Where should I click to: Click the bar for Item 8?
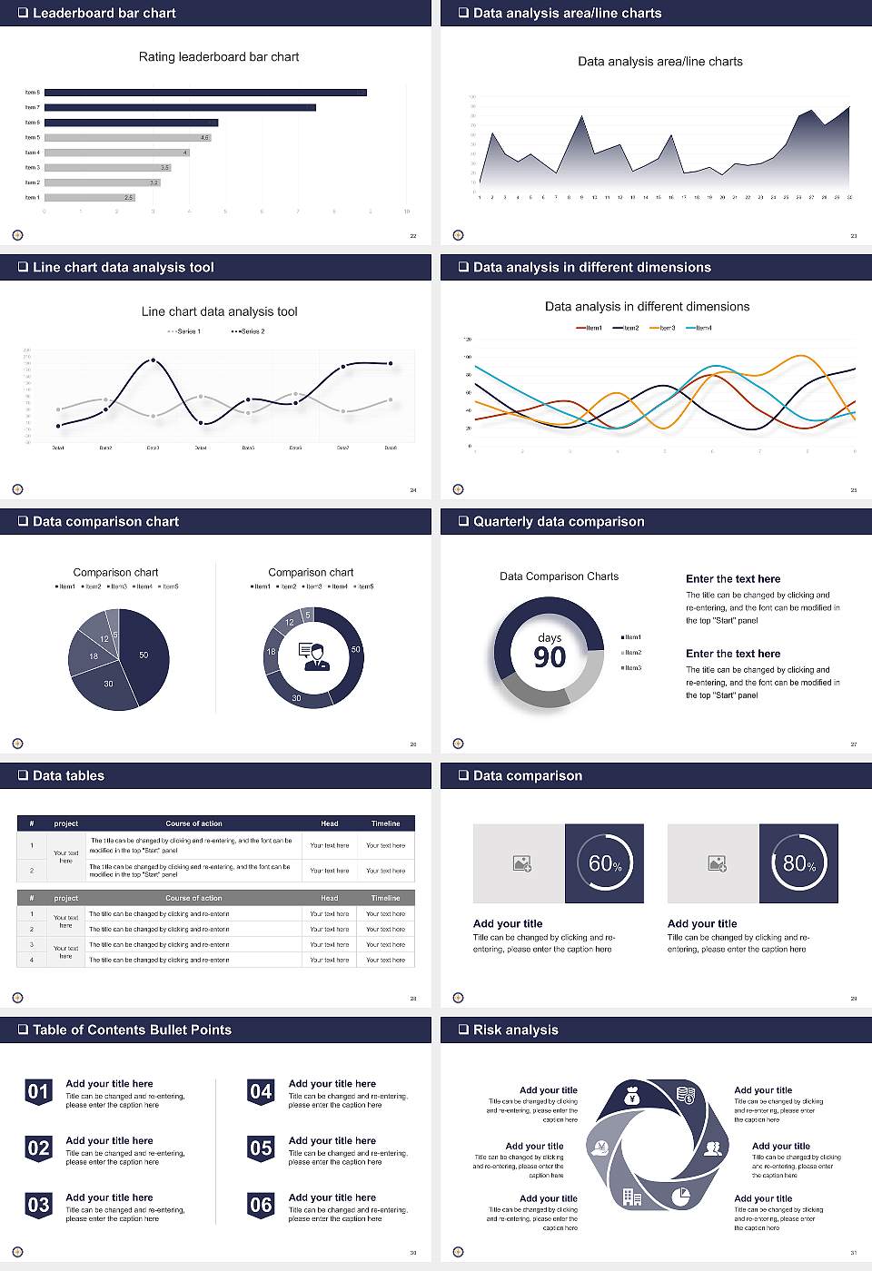(205, 93)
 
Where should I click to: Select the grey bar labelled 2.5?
(89, 197)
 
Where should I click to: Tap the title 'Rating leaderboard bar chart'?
(219, 56)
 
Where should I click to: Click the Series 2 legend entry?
(248, 331)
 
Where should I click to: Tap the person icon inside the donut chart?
(313, 656)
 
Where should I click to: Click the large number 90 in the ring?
(550, 657)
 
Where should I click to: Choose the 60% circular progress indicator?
(604, 863)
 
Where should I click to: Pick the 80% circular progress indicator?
(798, 863)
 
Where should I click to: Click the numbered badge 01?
(38, 1091)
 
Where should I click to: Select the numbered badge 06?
(261, 1205)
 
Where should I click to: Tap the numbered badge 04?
(261, 1091)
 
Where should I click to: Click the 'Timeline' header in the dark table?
(385, 823)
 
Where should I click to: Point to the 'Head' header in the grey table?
(329, 898)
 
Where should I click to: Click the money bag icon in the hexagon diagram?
(632, 1098)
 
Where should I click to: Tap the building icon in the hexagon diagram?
(632, 1197)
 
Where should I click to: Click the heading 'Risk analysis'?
(515, 1030)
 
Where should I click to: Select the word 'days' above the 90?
(550, 637)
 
